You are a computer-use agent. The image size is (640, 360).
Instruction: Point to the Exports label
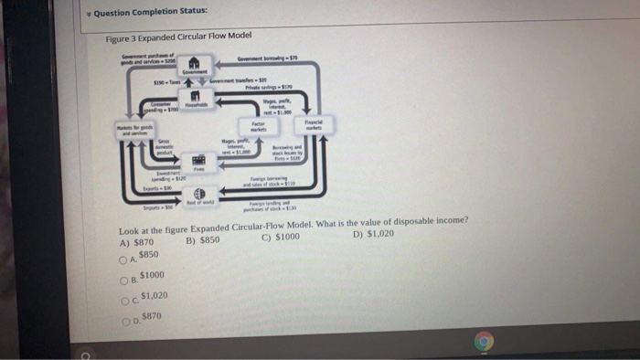tap(147, 187)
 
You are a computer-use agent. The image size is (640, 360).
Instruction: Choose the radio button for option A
tap(133, 259)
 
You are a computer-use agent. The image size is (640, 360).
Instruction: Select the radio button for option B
tap(133, 279)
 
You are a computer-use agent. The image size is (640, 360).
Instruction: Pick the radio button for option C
tap(133, 299)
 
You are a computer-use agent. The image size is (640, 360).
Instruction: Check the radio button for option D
tap(133, 318)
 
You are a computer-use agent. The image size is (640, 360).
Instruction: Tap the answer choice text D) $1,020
tap(372, 232)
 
